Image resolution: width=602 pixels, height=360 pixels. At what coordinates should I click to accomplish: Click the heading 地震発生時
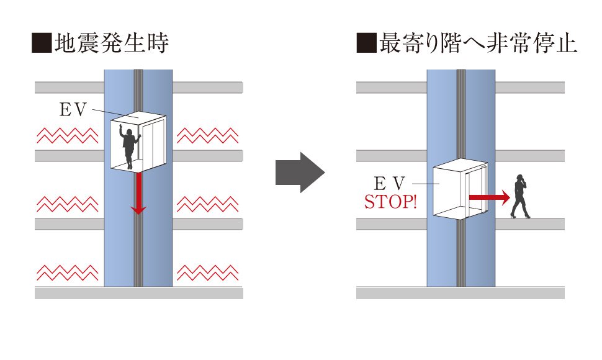pyautogui.click(x=112, y=44)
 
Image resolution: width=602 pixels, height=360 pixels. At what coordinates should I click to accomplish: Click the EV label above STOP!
pyautogui.click(x=390, y=184)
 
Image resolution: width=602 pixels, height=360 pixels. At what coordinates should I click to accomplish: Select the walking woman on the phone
pyautogui.click(x=519, y=196)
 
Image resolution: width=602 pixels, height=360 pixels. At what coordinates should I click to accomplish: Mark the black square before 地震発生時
pyautogui.click(x=42, y=45)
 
